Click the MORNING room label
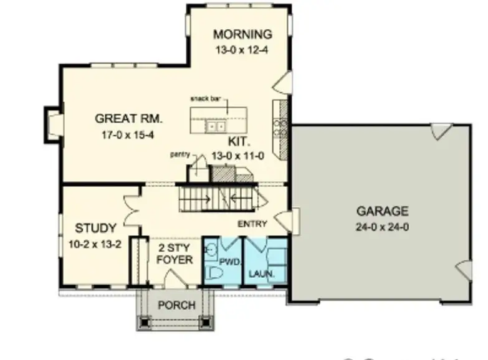[x=242, y=34]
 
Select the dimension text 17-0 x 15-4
[x=125, y=135]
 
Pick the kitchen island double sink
[x=216, y=126]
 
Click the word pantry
[x=181, y=153]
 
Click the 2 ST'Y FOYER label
[x=173, y=253]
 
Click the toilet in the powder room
[x=214, y=272]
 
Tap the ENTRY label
[x=252, y=224]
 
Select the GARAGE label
[x=383, y=211]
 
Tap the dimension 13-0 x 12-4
[x=242, y=49]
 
